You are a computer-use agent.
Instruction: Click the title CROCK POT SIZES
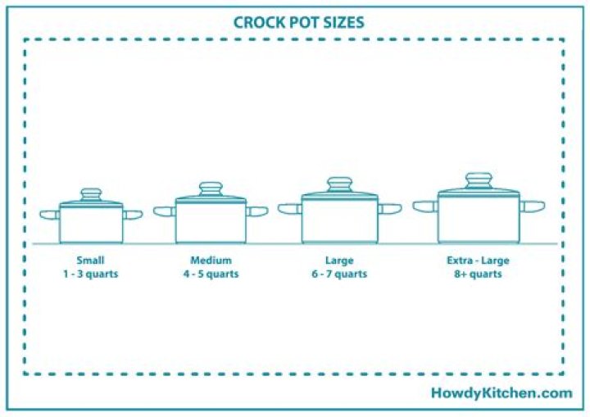pyautogui.click(x=298, y=22)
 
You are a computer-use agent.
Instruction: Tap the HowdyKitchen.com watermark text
pyautogui.click(x=501, y=393)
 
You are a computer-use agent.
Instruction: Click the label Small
pyautogui.click(x=91, y=261)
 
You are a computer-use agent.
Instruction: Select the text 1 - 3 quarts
pyautogui.click(x=91, y=274)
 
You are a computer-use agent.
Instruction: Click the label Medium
pyautogui.click(x=211, y=261)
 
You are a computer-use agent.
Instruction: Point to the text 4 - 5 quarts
pyautogui.click(x=211, y=274)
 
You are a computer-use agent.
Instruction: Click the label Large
pyautogui.click(x=339, y=261)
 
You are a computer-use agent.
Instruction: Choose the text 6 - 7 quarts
pyautogui.click(x=339, y=274)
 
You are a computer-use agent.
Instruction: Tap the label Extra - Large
pyautogui.click(x=478, y=261)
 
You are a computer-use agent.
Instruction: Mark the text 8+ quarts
pyautogui.click(x=478, y=274)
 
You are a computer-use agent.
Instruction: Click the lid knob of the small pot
pyautogui.click(x=91, y=195)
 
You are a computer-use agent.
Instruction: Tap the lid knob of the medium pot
pyautogui.click(x=211, y=189)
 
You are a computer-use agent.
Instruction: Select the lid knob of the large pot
pyautogui.click(x=339, y=184)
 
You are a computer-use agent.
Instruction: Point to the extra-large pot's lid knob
pyautogui.click(x=478, y=179)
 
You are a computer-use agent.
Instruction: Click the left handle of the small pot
pyautogui.click(x=50, y=215)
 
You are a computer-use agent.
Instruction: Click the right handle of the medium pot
pyautogui.click(x=256, y=211)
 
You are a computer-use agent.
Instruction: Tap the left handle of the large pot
pyautogui.click(x=289, y=209)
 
